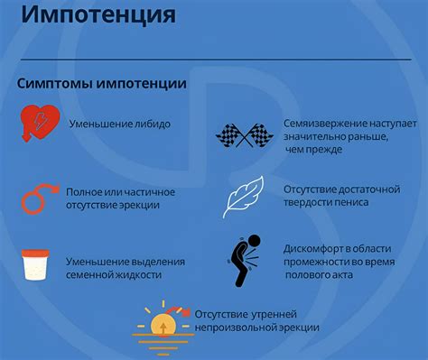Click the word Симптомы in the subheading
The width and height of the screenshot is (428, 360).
[x=51, y=83]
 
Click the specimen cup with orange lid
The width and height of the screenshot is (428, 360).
[x=37, y=267]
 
